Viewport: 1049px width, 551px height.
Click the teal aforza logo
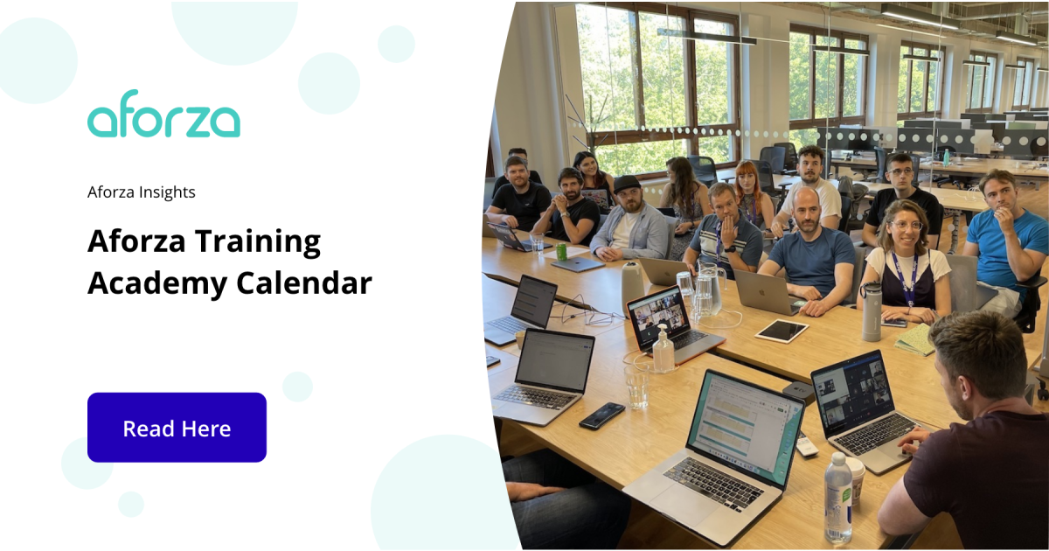(163, 115)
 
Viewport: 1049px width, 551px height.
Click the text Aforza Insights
(142, 192)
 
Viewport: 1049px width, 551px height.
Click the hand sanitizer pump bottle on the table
(663, 350)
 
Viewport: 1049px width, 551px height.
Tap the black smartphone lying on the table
(601, 415)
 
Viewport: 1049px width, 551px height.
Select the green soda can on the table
(561, 251)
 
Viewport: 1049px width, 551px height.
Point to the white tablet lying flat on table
(782, 331)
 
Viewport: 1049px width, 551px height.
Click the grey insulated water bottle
(872, 312)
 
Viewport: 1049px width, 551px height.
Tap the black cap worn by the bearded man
(626, 184)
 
